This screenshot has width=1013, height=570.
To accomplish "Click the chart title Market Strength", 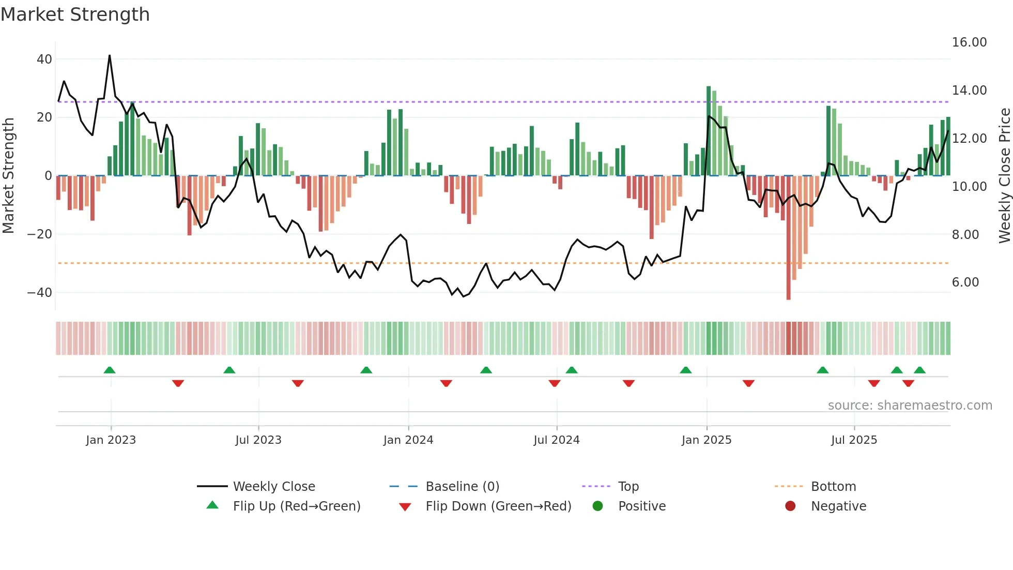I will point(75,14).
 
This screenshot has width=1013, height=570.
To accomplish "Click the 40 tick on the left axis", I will point(44,59).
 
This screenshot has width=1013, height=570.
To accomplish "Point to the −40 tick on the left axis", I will point(40,293).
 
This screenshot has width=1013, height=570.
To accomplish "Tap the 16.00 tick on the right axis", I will point(969,42).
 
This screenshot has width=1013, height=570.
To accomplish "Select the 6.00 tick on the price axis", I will point(965,282).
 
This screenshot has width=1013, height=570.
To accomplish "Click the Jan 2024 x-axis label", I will point(408,440).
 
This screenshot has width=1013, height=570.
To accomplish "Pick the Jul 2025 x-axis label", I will point(854,440).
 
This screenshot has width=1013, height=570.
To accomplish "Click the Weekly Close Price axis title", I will point(1004,176).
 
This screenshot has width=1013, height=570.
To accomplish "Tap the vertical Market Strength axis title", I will point(8,176).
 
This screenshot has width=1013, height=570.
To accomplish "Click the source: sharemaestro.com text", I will point(910,406).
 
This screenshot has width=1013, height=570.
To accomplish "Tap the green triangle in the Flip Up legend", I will point(212,505).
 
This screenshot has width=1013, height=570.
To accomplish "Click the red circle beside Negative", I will point(790,506).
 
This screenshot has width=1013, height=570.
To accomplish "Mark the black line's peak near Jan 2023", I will point(110,55).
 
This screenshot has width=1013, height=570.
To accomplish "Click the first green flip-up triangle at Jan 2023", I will point(110,370).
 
